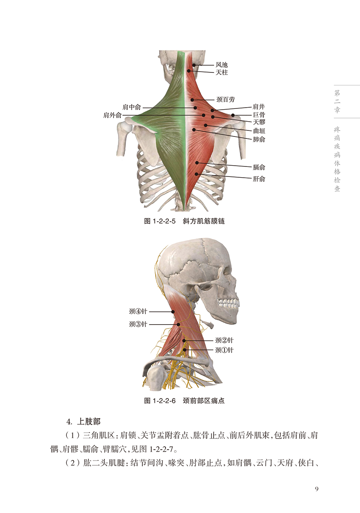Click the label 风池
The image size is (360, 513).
coord(222,64)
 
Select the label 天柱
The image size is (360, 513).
coord(222,72)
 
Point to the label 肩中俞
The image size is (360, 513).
coord(132,107)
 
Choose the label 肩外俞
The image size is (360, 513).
coord(112,115)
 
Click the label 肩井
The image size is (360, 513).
coord(259,107)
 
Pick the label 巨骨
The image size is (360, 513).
coord(259,115)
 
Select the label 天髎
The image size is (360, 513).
coord(259,122)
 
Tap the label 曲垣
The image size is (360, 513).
coord(259,131)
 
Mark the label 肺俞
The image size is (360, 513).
coord(259,139)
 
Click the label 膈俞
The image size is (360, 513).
coord(259,167)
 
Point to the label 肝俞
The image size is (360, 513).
coord(259,179)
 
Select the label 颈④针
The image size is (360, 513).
coord(138,311)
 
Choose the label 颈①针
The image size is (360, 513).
coord(224,350)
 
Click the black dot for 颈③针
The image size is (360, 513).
coord(178,324)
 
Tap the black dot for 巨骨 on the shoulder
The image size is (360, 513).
coord(232,115)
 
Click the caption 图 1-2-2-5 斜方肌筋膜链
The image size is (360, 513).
coord(184,221)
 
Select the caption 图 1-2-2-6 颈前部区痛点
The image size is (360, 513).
coord(184,401)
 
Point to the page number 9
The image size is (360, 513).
coord(316,489)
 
